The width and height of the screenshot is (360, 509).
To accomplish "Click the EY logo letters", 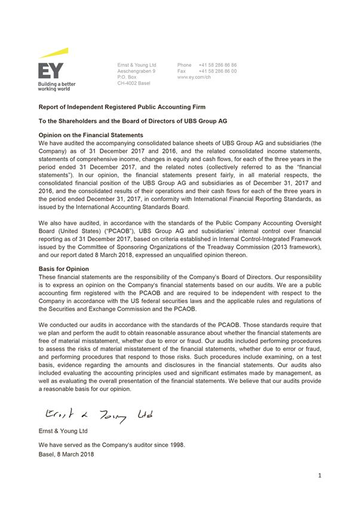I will tap(51, 71).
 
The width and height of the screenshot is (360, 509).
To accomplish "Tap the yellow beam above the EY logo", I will tap(54, 53).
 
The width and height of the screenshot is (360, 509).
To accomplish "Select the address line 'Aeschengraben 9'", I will tap(137, 71).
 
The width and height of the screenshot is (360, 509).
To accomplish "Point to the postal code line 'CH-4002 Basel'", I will tap(134, 83).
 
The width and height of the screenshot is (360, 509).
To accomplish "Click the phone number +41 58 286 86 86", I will tap(218, 65).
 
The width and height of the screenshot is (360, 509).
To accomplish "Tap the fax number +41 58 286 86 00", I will tap(218, 71).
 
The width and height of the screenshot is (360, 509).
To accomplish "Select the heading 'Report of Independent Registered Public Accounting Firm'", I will tap(121, 107).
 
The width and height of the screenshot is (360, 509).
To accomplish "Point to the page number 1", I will tap(320, 476).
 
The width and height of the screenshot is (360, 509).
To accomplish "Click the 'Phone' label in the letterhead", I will tap(184, 65).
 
